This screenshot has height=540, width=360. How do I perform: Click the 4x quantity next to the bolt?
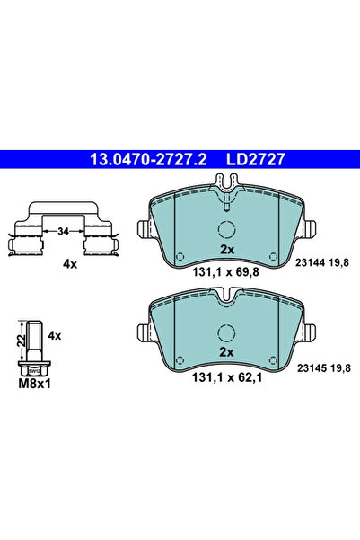click(x=53, y=335)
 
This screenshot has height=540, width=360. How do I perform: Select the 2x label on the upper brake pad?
click(x=226, y=248)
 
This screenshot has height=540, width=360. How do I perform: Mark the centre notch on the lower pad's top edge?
click(x=227, y=297)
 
